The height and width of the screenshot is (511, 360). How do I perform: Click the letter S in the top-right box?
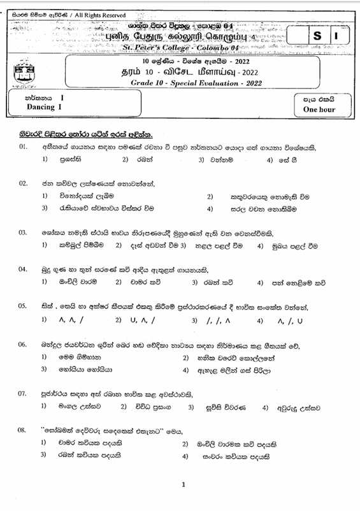pos(317,38)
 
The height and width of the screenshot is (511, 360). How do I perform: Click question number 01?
pos(23,147)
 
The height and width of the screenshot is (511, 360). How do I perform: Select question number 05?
pos(23,306)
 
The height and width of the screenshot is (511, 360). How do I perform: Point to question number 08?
pos(23,429)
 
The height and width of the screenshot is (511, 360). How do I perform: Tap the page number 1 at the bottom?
pos(183,485)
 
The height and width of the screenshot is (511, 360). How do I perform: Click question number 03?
pos(23,233)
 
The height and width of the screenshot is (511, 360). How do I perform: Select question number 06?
pos(23,345)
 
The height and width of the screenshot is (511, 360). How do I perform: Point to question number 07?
pos(23,393)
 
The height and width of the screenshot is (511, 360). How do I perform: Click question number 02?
pos(23,184)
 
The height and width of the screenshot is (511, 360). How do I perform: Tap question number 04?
pos(23,269)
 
